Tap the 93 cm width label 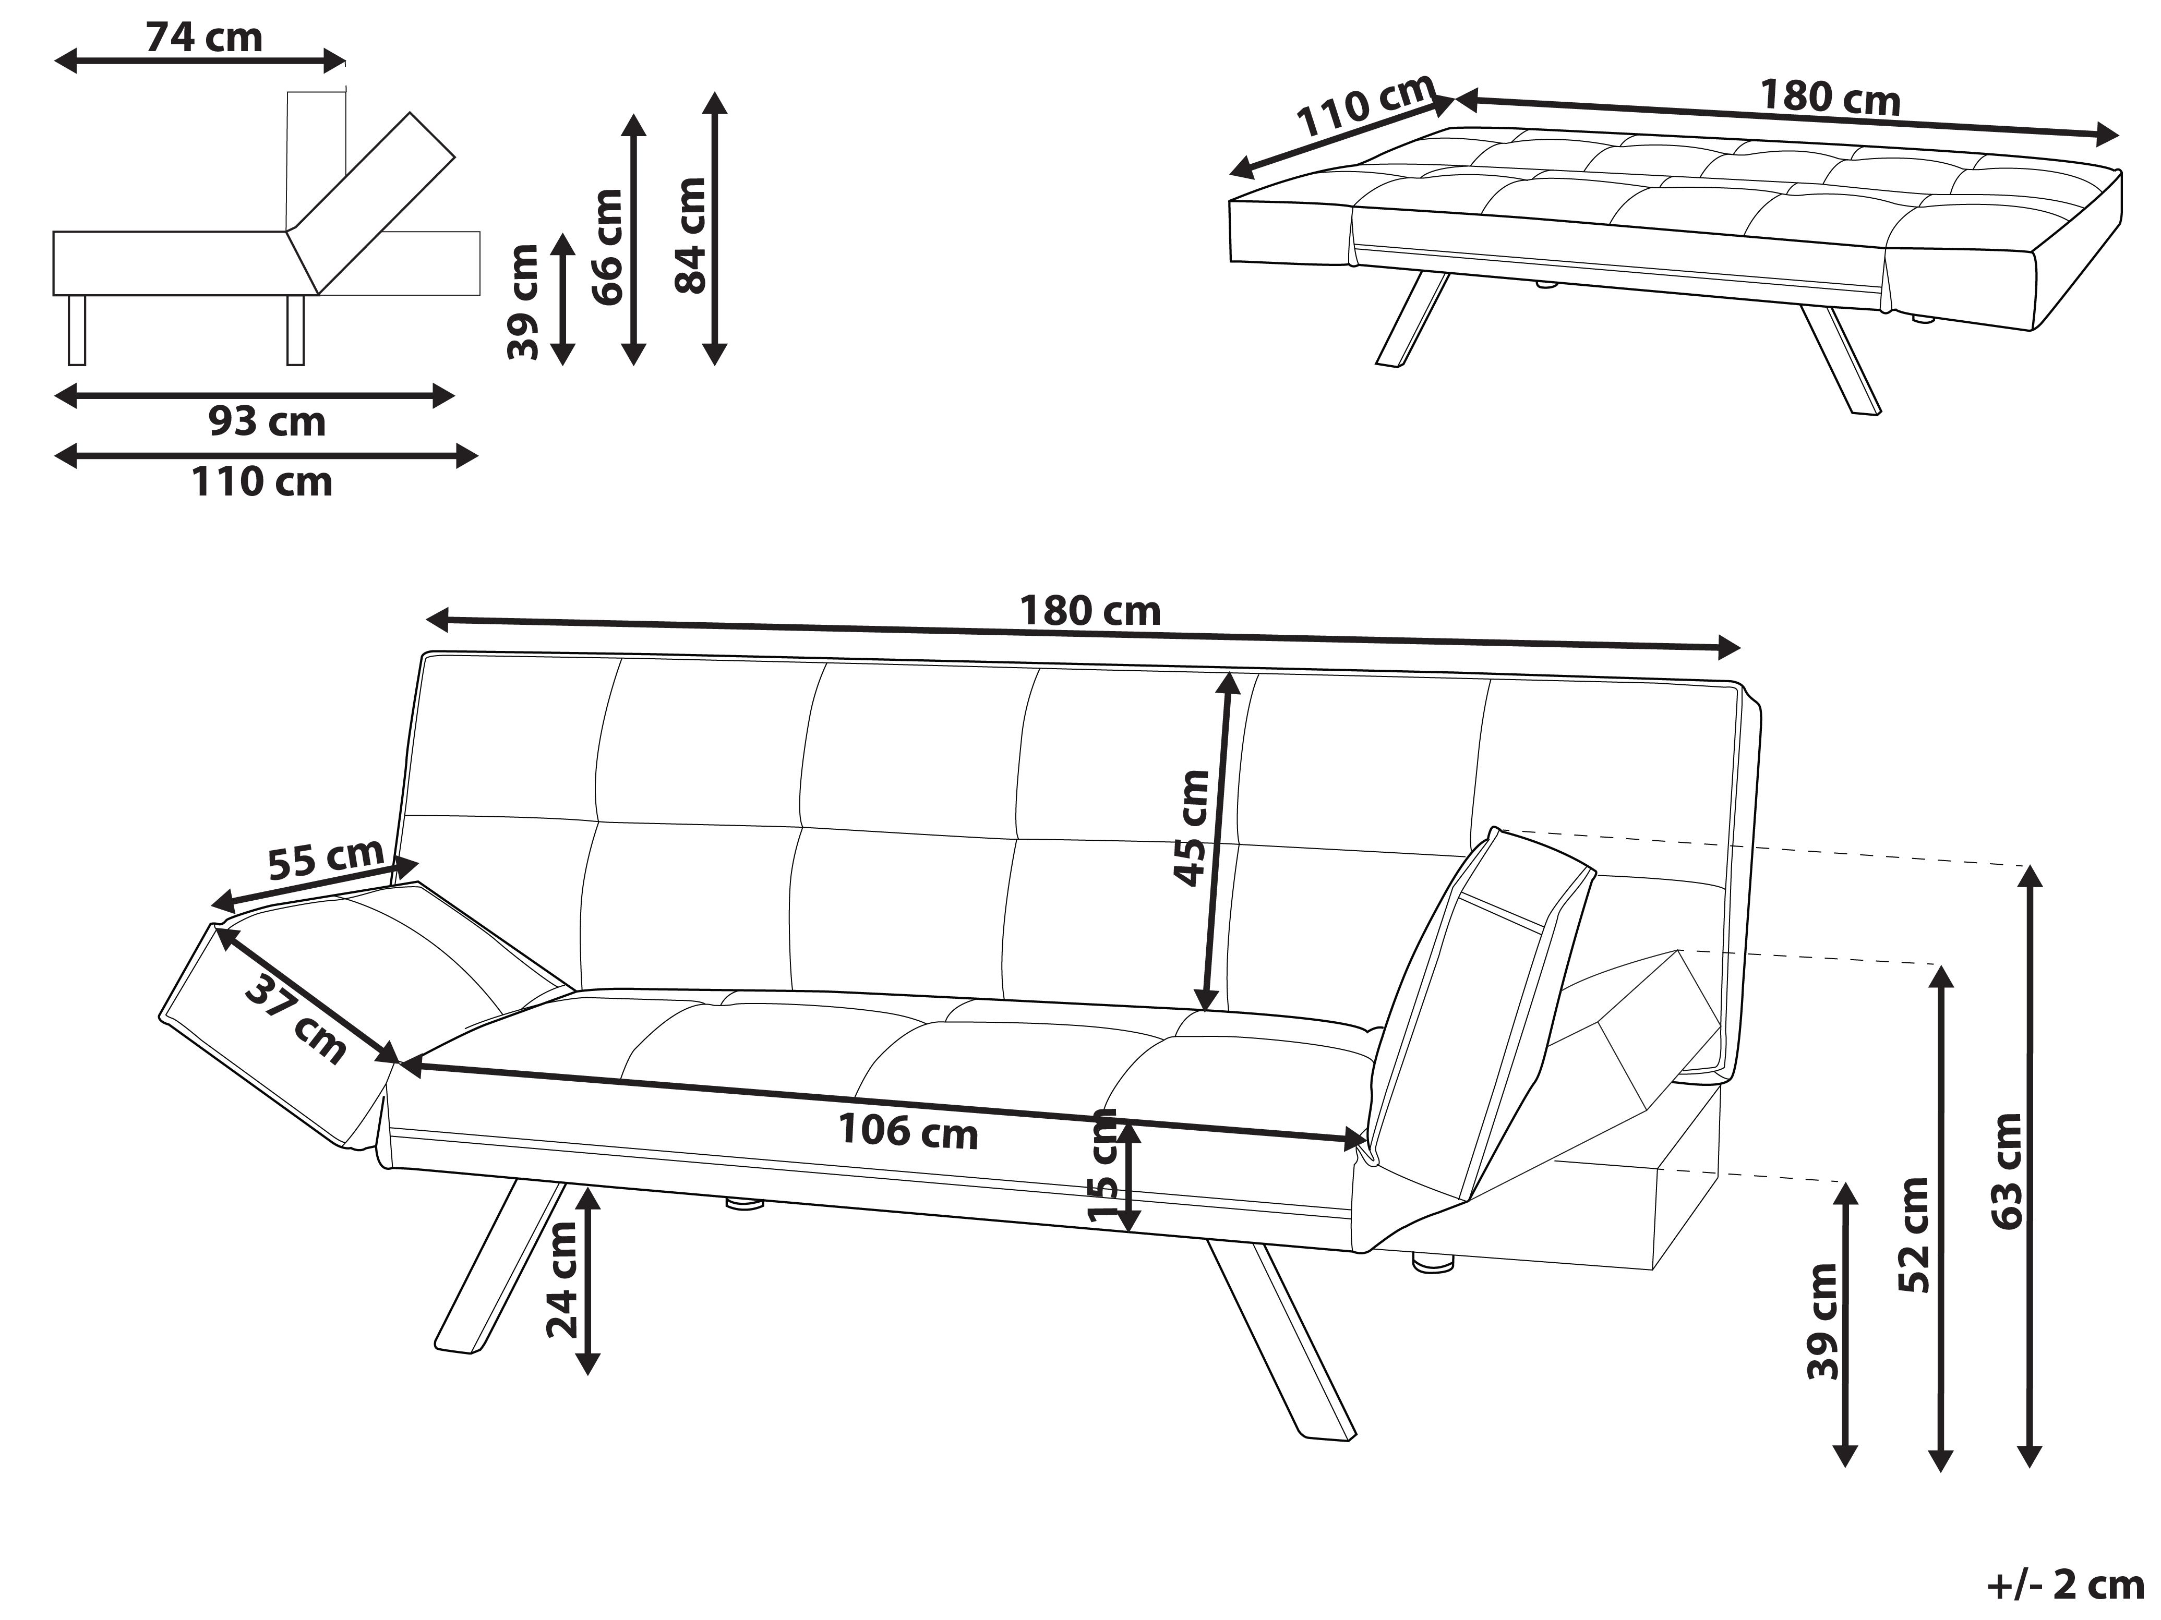(267, 422)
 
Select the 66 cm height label (608, 247)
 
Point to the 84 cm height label (690, 235)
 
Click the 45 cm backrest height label (1191, 828)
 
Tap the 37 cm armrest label (295, 1020)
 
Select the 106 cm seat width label (908, 1131)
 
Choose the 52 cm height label (1914, 1235)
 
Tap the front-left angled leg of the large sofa (498, 1270)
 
